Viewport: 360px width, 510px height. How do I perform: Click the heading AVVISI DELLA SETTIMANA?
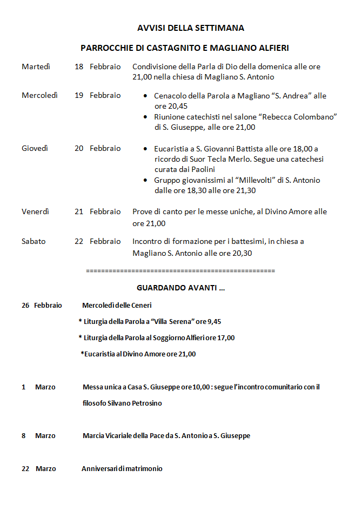pos(190,28)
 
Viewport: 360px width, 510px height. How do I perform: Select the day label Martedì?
pos(36,67)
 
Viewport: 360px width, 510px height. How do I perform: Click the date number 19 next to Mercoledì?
pos(79,96)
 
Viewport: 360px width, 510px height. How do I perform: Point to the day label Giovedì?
pos(35,149)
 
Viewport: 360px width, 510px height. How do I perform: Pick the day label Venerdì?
pos(35,212)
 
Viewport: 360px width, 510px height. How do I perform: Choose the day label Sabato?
pos(34,242)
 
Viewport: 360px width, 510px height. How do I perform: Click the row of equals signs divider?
pos(180,270)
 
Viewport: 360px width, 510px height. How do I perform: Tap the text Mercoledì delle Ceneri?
pos(117,306)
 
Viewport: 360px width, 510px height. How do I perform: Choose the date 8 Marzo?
pos(38,436)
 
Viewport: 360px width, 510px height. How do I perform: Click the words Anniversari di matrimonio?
pos(122,469)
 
